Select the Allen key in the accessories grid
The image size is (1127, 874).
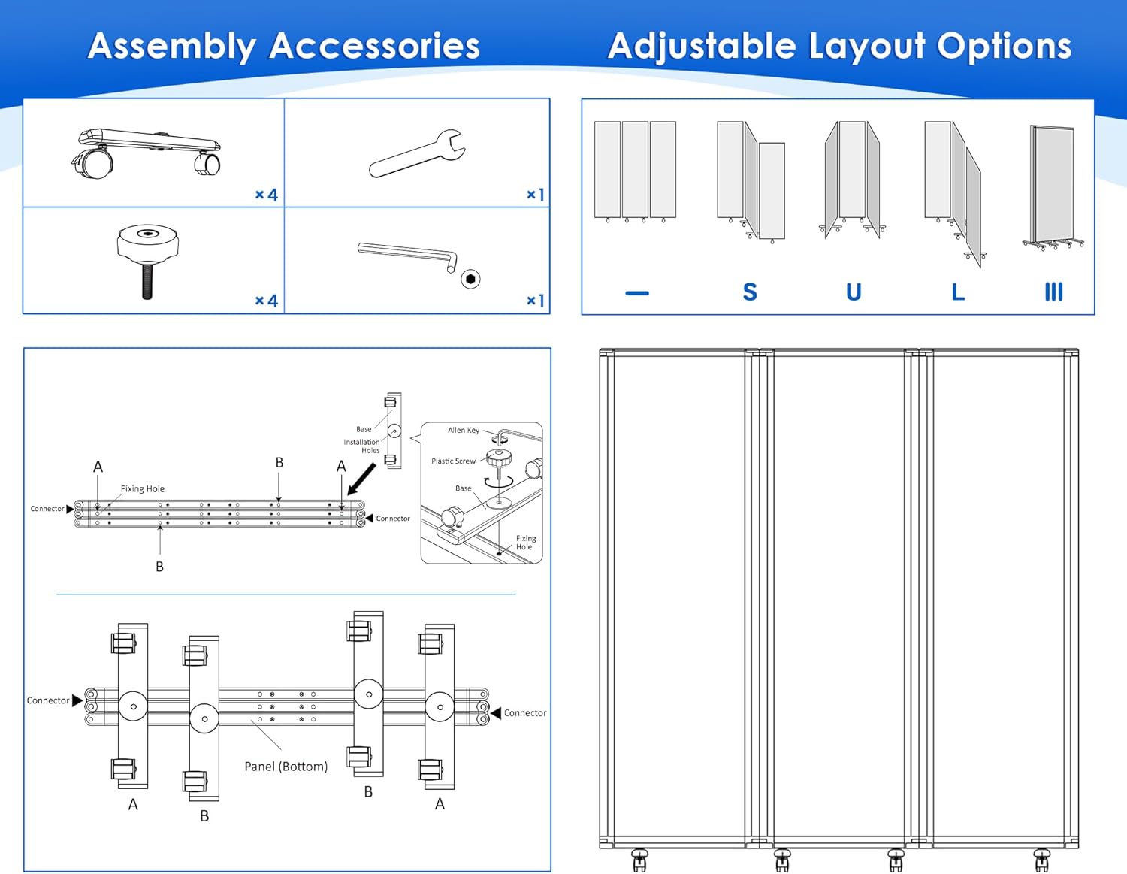coord(407,256)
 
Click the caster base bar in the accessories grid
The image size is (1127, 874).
coord(147,153)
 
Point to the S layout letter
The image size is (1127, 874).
coord(749,292)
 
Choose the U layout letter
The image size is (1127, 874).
coord(854,292)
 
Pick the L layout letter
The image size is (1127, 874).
coord(958,292)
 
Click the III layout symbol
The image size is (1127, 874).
coord(1053,292)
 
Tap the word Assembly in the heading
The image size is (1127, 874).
coord(171,47)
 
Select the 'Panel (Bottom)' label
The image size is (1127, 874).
coord(286,767)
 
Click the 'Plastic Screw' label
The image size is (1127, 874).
coord(453,461)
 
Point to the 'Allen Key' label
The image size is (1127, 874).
coord(464,430)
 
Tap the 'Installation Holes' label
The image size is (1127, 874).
coord(361,446)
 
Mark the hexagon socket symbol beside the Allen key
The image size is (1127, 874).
coord(470,279)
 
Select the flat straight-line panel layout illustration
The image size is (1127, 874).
coord(635,172)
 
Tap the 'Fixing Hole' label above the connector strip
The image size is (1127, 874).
coord(143,488)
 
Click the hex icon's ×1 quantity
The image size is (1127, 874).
coord(535,301)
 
